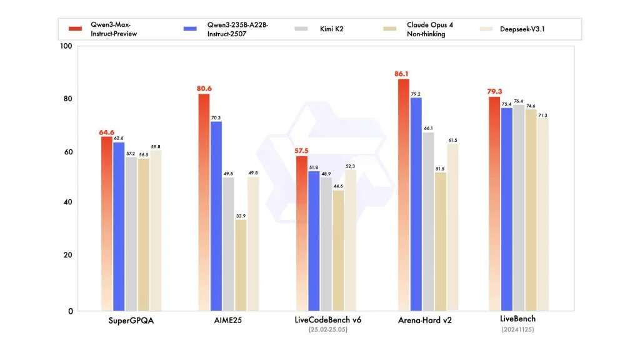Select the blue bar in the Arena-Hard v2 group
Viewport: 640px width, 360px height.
(416, 204)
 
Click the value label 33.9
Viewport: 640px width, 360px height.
(241, 215)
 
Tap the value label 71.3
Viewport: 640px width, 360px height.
(542, 115)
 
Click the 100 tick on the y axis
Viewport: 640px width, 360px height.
(66, 46)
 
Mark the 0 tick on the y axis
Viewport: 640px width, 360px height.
(71, 311)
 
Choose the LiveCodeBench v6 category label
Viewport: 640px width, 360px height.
(327, 321)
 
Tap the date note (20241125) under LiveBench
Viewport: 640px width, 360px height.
(517, 329)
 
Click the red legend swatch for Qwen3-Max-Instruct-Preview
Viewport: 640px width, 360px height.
(76, 29)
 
